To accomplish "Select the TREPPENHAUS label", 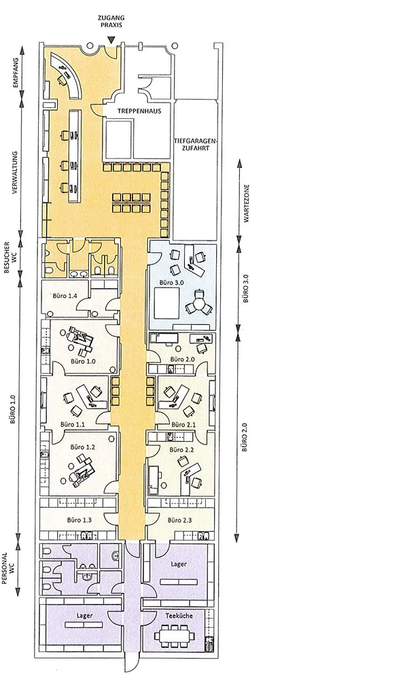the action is [139, 111].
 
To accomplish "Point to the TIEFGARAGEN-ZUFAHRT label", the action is [195, 144].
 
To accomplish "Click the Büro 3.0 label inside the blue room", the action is [169, 282].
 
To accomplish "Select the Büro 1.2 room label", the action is [82, 447].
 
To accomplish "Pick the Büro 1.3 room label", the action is [80, 519].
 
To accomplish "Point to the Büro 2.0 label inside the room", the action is [181, 359].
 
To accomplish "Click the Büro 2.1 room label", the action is [183, 424].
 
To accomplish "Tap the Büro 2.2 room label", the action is [182, 449].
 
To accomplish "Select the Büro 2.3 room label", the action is [179, 520].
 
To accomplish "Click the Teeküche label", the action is [179, 616].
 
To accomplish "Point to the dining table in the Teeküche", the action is [175, 636].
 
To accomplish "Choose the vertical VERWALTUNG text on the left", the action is [15, 173].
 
